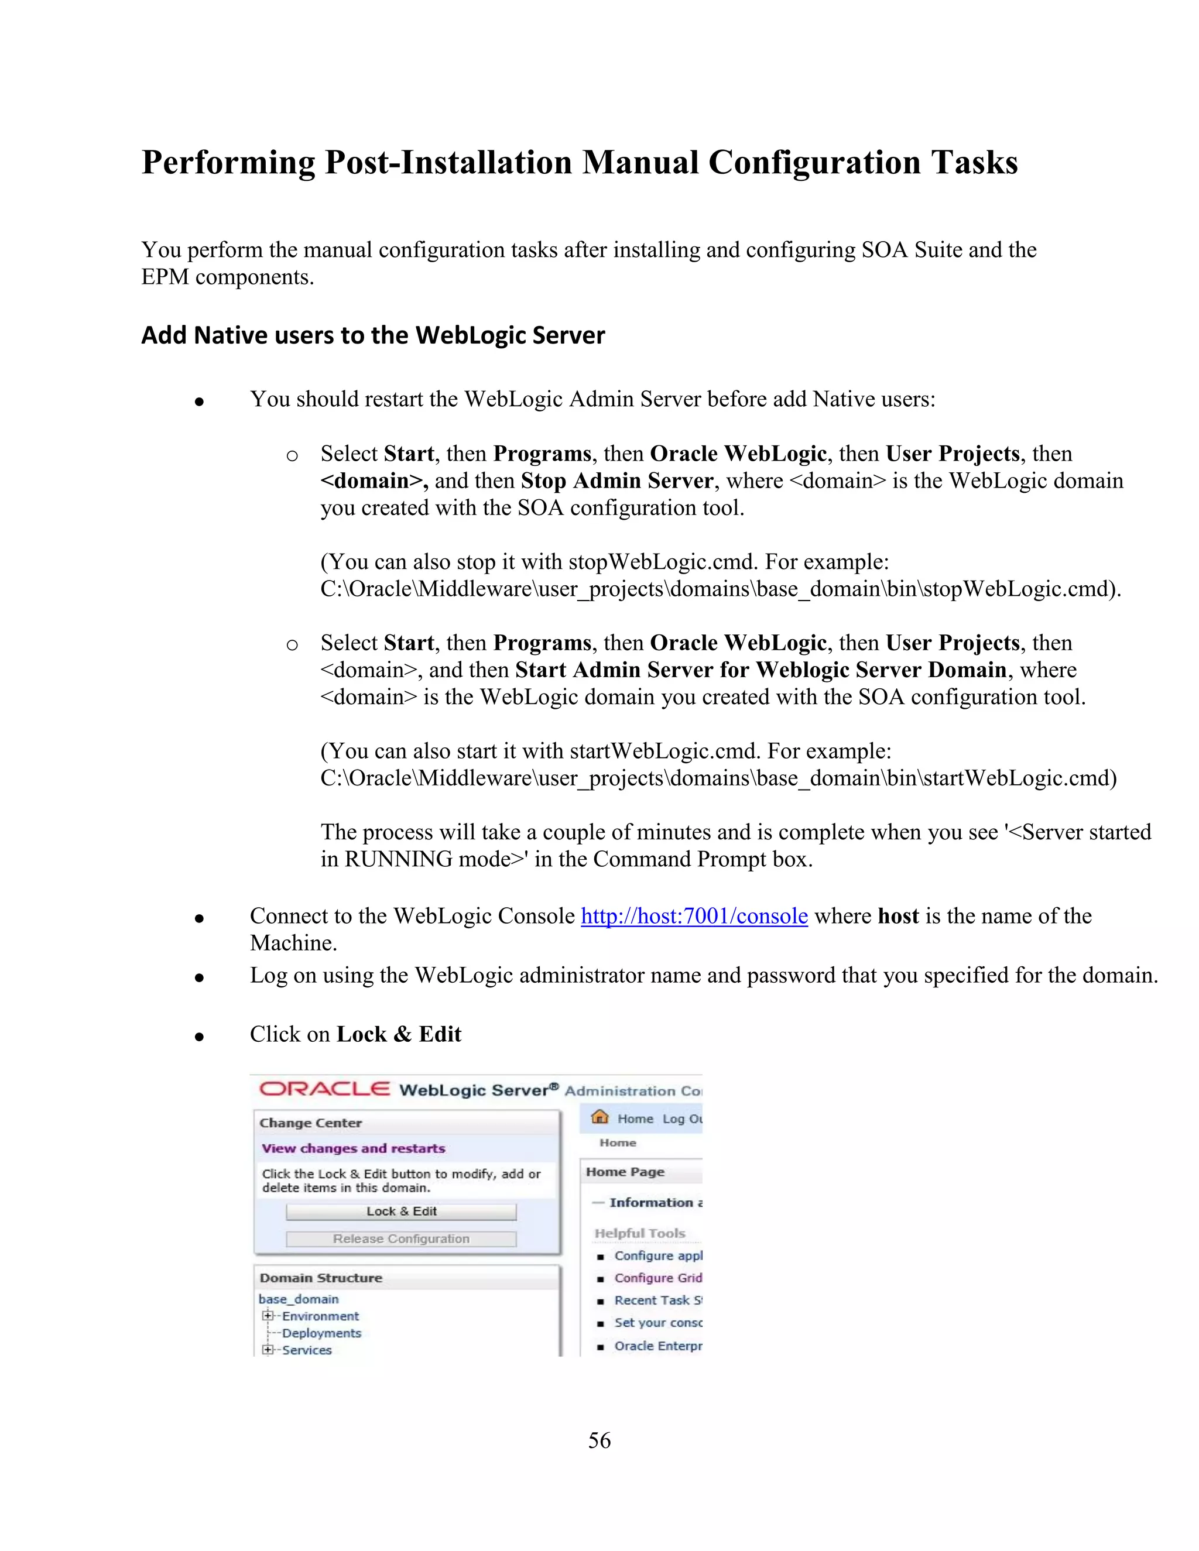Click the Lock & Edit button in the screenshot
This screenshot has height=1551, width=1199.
(401, 1212)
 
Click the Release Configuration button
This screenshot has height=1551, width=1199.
(401, 1238)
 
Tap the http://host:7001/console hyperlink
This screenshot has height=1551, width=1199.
(694, 916)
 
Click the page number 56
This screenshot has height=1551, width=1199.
(599, 1440)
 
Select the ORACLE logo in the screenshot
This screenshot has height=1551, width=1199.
(324, 1089)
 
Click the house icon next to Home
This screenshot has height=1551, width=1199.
(600, 1117)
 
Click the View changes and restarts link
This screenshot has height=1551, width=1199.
(353, 1148)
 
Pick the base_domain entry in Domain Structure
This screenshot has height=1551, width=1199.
(299, 1299)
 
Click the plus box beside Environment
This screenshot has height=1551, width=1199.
(268, 1316)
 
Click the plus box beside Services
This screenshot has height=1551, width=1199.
(268, 1350)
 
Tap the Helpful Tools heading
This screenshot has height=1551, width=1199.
(639, 1234)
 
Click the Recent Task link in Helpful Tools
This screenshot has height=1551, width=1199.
(657, 1300)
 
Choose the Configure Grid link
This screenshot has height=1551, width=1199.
(657, 1278)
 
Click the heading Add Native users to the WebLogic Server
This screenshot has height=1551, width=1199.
(373, 335)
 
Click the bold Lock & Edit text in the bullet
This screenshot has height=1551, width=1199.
(399, 1034)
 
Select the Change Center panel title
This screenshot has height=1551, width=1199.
(310, 1123)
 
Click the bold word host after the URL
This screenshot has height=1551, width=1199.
(898, 916)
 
